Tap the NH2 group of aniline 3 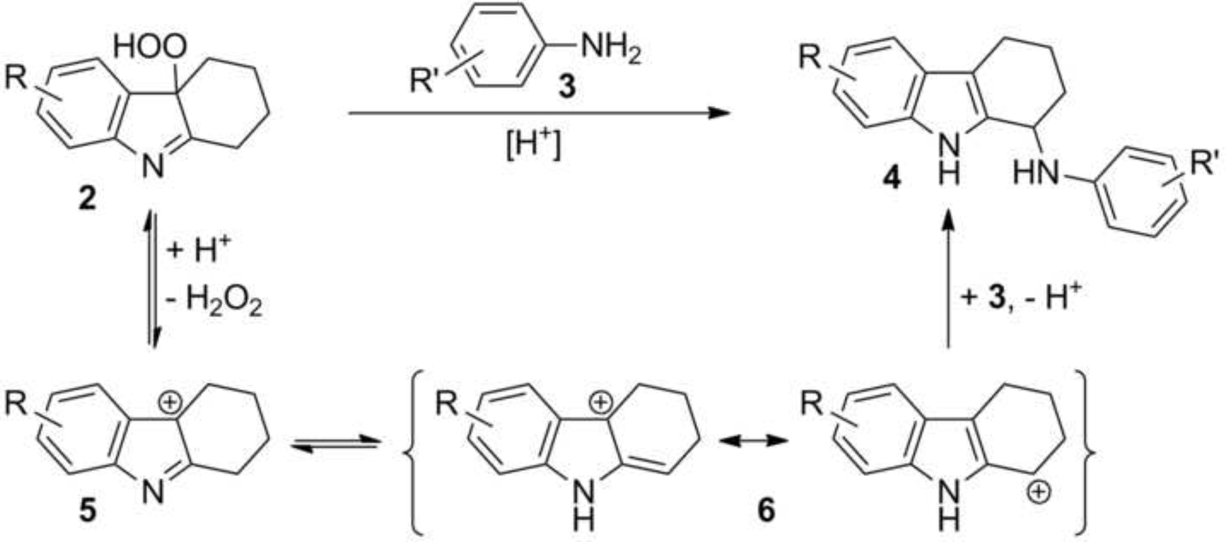[x=611, y=50]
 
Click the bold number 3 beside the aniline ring [x=567, y=87]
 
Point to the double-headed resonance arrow [x=752, y=442]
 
